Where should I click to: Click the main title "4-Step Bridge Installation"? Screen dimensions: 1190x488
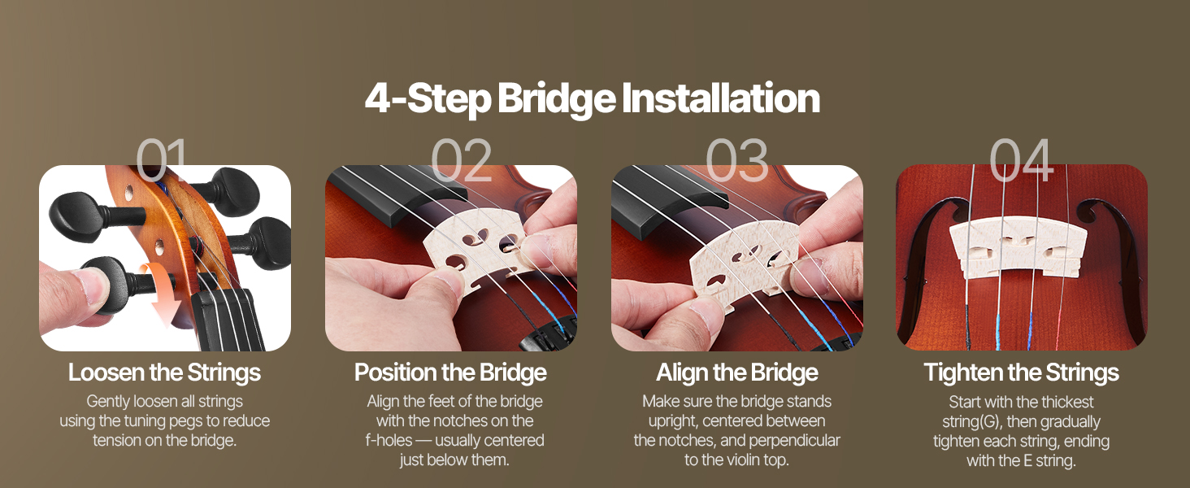[593, 98]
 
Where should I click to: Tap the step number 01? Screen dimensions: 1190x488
[162, 159]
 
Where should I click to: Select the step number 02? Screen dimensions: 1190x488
[461, 159]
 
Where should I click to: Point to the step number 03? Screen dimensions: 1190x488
[737, 159]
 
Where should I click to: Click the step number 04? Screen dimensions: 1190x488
[1022, 159]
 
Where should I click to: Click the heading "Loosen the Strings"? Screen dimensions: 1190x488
[165, 373]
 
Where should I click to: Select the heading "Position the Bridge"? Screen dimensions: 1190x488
[450, 373]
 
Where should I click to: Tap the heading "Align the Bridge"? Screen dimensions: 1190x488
[737, 373]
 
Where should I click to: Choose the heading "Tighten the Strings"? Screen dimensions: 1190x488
[1022, 373]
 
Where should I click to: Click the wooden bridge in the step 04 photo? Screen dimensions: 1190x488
[1018, 248]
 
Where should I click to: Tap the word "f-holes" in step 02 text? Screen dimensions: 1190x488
[389, 441]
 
